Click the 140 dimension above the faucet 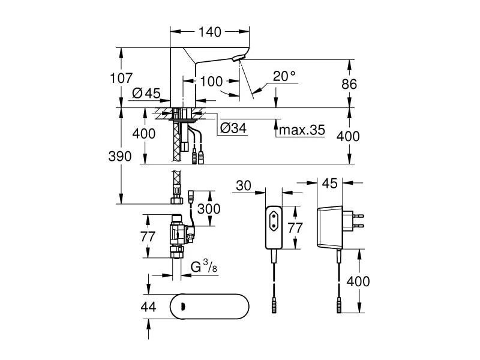210,32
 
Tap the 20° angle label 284,76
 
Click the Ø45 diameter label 145,93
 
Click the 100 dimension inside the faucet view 211,81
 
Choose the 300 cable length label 208,209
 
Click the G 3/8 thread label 202,266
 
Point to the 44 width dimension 147,307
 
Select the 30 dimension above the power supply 243,186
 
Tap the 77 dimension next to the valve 148,236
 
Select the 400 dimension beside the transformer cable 358,281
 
